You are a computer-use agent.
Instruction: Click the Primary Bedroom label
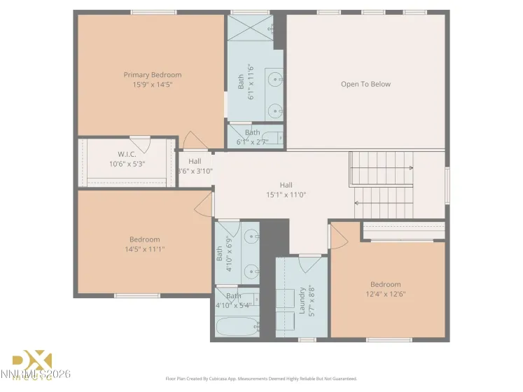coord(152,75)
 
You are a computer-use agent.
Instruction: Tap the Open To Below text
coord(365,84)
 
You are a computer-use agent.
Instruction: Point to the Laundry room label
coord(302,300)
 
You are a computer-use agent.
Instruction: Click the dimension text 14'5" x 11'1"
coord(144,248)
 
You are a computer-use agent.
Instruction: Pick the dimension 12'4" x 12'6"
coord(386,294)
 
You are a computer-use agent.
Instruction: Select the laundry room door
coord(309,263)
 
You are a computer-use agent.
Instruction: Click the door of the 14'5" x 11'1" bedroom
coord(204,204)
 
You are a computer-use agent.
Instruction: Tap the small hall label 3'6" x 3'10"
coord(195,166)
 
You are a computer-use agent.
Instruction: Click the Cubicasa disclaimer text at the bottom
coord(261,378)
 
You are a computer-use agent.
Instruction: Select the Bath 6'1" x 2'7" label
coord(253,136)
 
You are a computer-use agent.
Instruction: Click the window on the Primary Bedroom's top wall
coord(153,12)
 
